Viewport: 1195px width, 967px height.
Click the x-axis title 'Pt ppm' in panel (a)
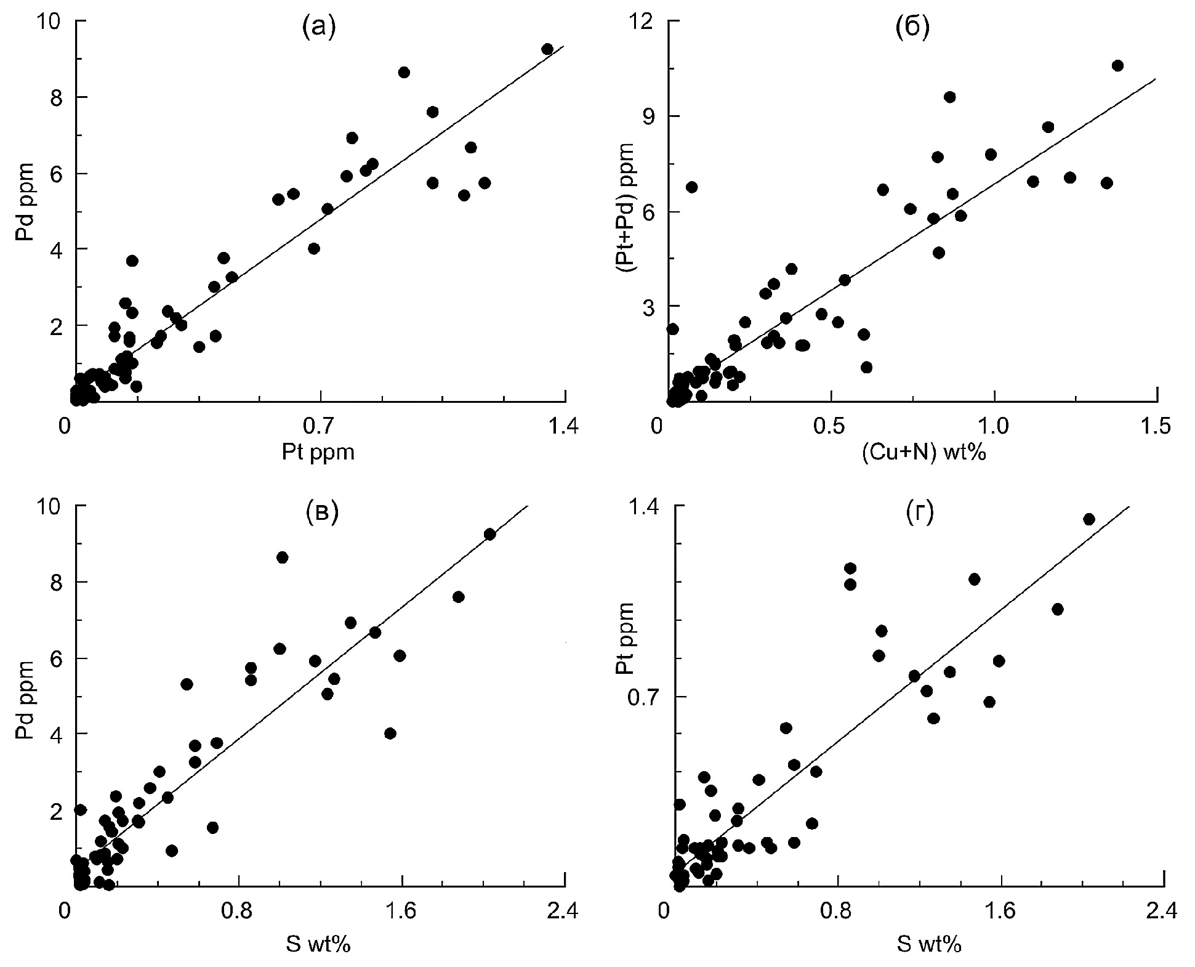[x=318, y=453]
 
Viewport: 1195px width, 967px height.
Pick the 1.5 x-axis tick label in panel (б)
[x=1157, y=427]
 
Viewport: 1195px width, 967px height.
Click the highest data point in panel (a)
[x=547, y=49]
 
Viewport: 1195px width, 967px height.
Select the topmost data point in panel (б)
[x=1117, y=66]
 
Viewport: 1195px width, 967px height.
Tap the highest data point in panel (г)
[x=1088, y=519]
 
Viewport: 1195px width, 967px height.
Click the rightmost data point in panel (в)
[x=489, y=534]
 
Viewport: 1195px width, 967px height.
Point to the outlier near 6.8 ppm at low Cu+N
[x=691, y=187]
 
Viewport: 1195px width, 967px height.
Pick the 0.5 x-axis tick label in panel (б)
[x=831, y=427]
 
